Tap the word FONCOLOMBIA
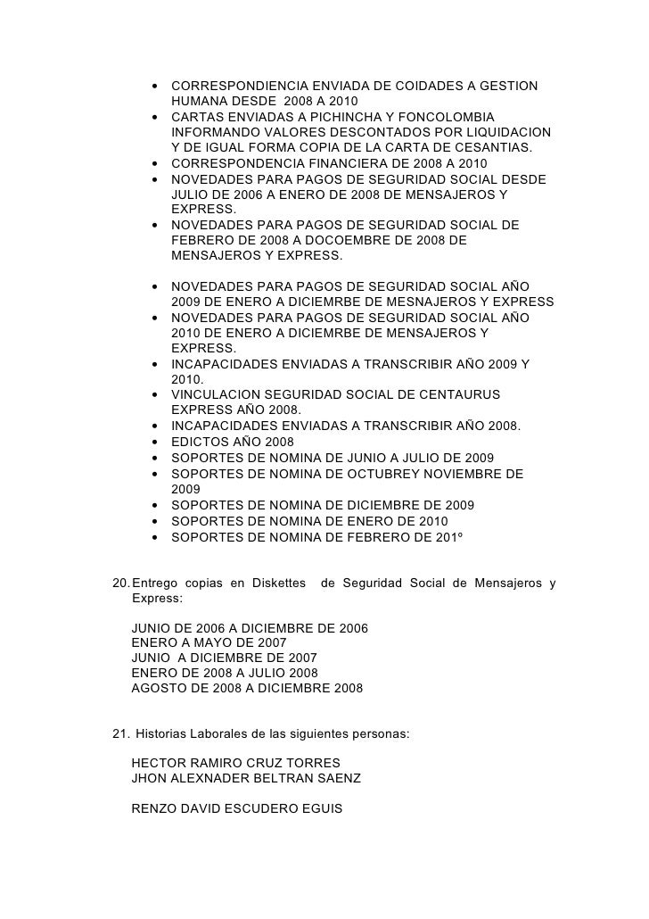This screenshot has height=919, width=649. point(448,117)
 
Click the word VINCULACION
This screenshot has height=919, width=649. point(215,394)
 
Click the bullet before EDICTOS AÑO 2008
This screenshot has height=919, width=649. point(156,443)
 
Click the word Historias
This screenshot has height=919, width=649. point(162,734)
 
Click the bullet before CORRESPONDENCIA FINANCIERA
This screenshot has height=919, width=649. point(156,164)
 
